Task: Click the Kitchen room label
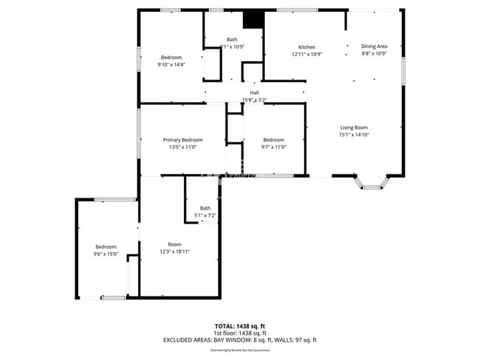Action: pos(306,47)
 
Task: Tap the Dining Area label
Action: pos(374,46)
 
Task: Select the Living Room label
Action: pos(354,127)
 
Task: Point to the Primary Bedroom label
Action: pos(182,139)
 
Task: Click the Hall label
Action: pos(254,92)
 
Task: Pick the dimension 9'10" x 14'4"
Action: pos(171,65)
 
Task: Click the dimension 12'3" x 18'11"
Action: pos(174,252)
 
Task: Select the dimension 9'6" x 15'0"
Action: pos(106,254)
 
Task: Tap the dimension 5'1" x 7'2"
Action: pos(205,215)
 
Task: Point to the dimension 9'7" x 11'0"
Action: pos(273,148)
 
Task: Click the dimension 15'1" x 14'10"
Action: pos(354,134)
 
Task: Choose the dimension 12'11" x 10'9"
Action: pos(306,55)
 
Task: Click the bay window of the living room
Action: pos(372,182)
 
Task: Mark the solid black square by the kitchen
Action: pos(253,18)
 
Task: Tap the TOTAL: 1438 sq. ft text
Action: pos(240,325)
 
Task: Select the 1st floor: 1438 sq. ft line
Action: pos(240,333)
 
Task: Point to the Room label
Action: pos(174,244)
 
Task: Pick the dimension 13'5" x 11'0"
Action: pos(182,148)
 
